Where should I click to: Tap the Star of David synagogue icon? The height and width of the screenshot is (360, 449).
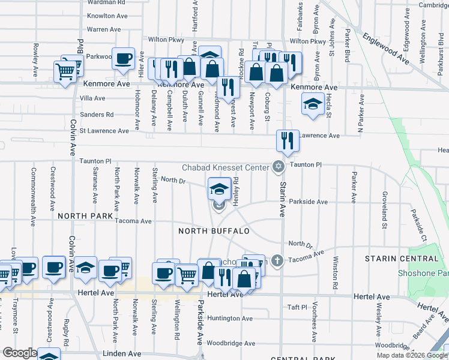pyautogui.click(x=277, y=167)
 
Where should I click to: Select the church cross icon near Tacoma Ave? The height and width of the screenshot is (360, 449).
pyautogui.click(x=276, y=260)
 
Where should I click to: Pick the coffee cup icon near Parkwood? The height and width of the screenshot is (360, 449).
pyautogui.click(x=124, y=59)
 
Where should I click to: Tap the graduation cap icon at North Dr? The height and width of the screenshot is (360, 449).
pyautogui.click(x=219, y=189)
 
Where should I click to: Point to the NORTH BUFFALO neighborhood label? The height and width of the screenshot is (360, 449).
pyautogui.click(x=214, y=231)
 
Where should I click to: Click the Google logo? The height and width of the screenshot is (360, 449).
pyautogui.click(x=19, y=353)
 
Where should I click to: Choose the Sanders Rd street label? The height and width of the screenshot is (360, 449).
pyautogui.click(x=97, y=115)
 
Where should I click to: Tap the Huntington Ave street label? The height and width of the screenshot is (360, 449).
pyautogui.click(x=231, y=319)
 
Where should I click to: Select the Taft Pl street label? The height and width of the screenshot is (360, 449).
pyautogui.click(x=297, y=307)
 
